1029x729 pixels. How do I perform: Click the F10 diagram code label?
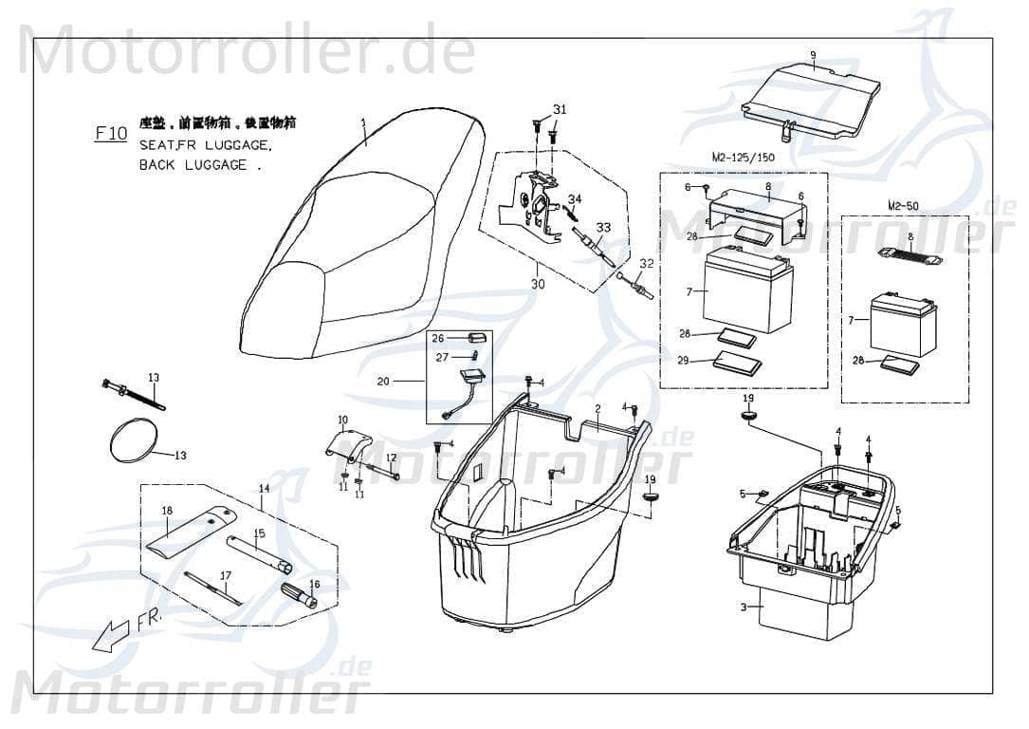[111, 134]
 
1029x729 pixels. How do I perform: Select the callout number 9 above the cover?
[813, 54]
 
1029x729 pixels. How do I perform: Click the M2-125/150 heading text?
[743, 157]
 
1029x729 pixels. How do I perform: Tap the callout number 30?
[538, 284]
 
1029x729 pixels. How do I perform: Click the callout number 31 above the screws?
[560, 110]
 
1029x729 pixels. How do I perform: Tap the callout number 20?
[383, 382]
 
